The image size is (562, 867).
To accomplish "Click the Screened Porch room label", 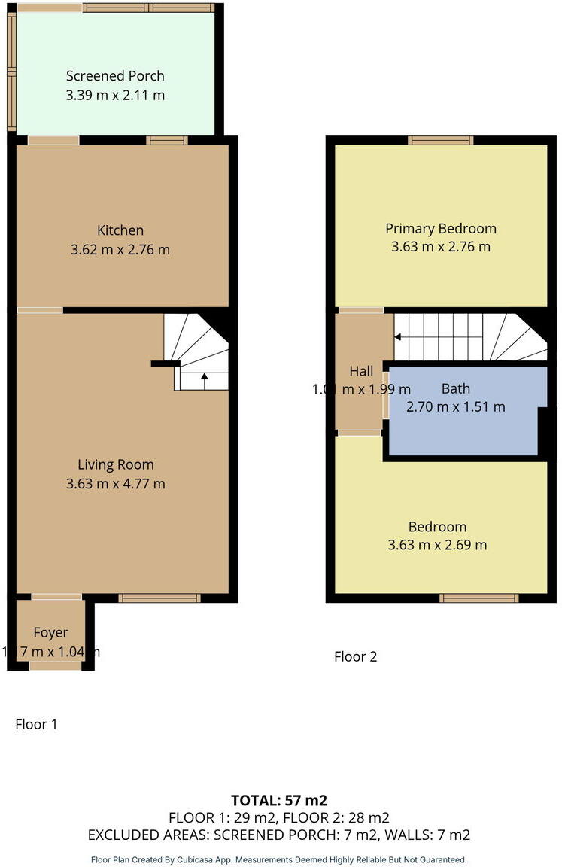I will [115, 76].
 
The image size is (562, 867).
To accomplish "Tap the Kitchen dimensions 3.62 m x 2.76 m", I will [120, 249].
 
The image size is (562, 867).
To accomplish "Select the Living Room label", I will [116, 464].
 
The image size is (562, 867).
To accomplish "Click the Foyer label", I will [50, 633].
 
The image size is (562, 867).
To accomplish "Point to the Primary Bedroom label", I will [441, 228].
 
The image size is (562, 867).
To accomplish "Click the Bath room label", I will [456, 388].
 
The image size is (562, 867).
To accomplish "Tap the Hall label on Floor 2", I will [361, 371].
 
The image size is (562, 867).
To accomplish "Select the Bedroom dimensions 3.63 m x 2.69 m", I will [437, 545].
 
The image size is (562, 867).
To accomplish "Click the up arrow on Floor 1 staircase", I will [204, 377].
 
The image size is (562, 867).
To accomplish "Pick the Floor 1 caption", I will [36, 724].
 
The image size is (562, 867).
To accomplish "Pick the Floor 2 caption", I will [355, 656].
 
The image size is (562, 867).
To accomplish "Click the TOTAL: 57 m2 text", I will [279, 800].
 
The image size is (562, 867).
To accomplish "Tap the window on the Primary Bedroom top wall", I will [441, 140].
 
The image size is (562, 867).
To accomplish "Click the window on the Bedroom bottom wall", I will [478, 598].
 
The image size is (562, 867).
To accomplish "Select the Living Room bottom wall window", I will [159, 598].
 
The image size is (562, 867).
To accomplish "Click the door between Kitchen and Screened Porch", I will [53, 140].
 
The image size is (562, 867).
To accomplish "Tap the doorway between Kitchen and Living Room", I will [40, 310].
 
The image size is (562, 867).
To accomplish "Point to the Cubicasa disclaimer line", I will [279, 859].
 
